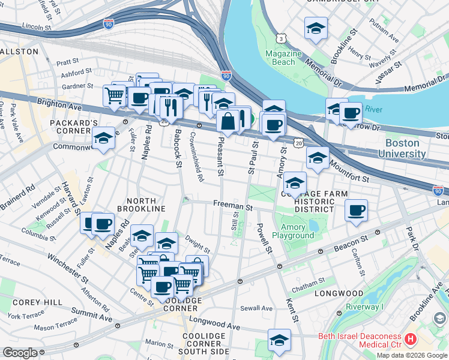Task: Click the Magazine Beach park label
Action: [283, 58]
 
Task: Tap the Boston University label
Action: [405, 148]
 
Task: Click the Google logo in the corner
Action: [20, 353]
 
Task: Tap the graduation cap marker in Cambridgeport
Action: [316, 28]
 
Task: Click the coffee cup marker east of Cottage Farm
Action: [357, 210]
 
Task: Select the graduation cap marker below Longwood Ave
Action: [279, 340]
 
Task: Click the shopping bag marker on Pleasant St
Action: [229, 122]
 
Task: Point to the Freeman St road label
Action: [232, 205]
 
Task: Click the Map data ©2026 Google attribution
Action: [412, 355]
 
